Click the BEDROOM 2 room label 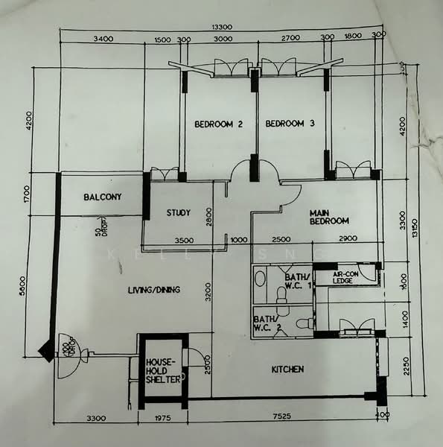click(220, 124)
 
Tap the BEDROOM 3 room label click(290, 124)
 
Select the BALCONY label click(102, 197)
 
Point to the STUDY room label click(178, 213)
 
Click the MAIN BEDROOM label click(329, 216)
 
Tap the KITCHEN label click(287, 370)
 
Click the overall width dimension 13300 click(222, 27)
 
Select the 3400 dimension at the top click(103, 39)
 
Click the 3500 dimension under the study click(184, 241)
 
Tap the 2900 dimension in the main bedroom click(347, 240)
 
